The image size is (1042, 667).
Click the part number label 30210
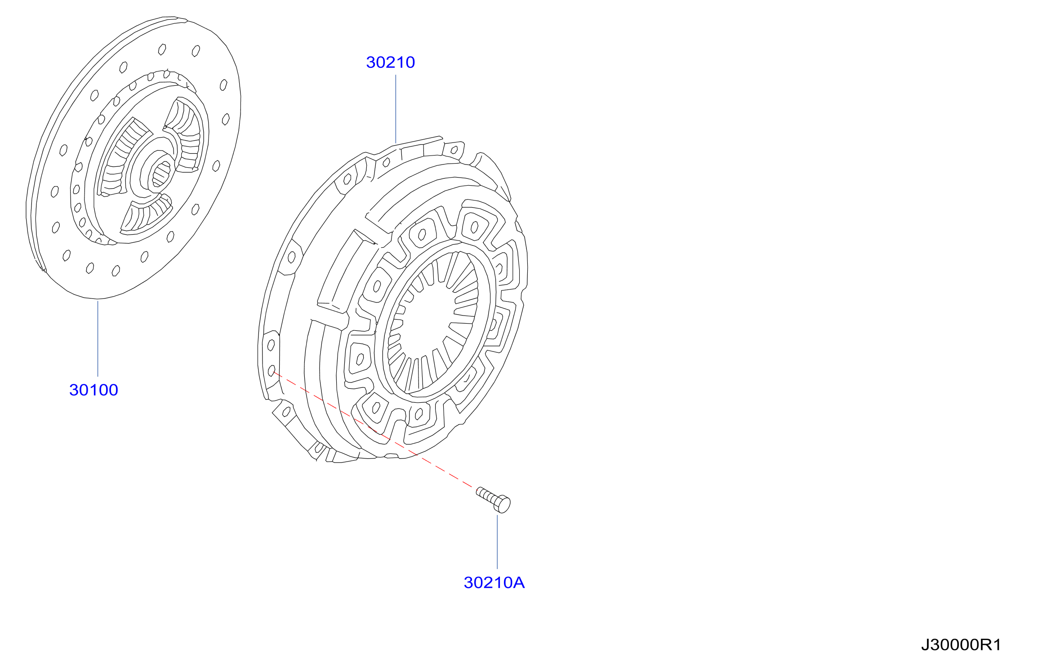390,62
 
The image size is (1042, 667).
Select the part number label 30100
94,390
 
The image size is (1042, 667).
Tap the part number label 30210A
494,583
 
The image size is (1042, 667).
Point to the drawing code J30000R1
961,645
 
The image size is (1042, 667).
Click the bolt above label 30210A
493,499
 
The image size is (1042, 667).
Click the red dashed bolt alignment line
373,430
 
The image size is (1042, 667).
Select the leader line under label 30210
396,109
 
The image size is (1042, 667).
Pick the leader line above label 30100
98,338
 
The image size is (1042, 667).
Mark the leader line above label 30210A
497,542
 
